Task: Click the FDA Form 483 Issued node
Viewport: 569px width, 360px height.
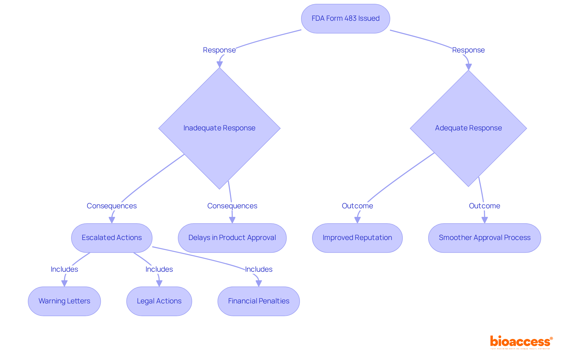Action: coord(345,18)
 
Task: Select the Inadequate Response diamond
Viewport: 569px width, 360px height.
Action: coord(219,128)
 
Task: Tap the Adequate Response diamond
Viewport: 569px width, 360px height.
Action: coord(468,128)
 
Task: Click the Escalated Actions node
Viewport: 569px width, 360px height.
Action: coord(112,238)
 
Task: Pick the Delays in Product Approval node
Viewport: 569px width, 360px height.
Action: coord(232,238)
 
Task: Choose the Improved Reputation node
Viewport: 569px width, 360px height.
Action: coord(357,238)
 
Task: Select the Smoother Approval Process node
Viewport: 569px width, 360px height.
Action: coord(484,238)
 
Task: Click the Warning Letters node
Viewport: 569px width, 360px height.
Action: coord(64,301)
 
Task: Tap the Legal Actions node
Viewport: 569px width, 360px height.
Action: coord(159,301)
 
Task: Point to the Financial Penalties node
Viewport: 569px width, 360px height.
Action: coord(258,301)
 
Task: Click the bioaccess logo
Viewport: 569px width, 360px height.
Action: coord(521,342)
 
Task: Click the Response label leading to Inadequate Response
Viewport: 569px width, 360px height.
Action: coord(219,50)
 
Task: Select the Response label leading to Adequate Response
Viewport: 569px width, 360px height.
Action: coord(468,50)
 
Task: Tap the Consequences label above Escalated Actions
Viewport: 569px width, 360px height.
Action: coord(112,206)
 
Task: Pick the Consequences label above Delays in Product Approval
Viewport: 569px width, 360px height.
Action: coord(232,206)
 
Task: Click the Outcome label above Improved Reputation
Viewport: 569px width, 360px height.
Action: coord(357,206)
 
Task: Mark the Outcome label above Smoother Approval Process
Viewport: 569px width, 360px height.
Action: coord(484,206)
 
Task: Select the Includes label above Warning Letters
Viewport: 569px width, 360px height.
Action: coord(64,269)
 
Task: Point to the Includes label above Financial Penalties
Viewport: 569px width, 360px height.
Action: coord(258,269)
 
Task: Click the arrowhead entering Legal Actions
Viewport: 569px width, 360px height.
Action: coord(159,284)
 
